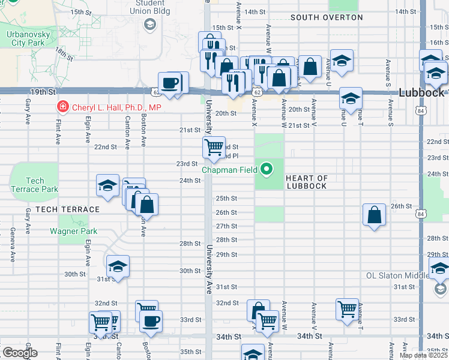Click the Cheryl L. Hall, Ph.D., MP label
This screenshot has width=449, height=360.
117,107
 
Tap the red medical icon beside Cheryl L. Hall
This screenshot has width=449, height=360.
61,107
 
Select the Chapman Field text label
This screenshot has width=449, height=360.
229,170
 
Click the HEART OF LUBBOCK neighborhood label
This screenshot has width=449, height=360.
306,182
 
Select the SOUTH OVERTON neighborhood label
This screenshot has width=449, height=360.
327,17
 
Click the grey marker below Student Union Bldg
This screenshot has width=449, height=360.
149,25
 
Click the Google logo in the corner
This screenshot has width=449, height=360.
19,353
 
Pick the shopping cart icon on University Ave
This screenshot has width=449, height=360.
214,146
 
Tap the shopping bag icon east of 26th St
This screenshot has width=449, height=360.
374,214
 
